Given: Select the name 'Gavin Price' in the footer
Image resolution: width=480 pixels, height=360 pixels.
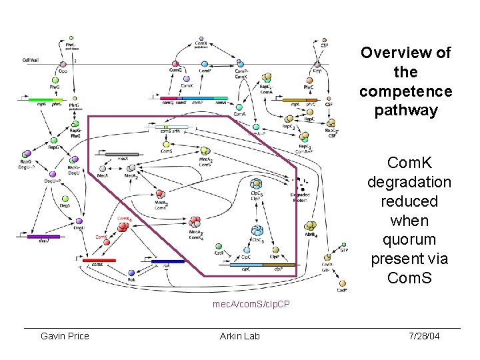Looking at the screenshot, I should (x=65, y=335).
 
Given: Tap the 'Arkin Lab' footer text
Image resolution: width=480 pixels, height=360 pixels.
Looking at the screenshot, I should (x=239, y=335).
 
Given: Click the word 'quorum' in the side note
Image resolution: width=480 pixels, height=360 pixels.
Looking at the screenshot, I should (x=409, y=239).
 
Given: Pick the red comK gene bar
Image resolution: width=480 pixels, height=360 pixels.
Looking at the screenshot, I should (x=99, y=261).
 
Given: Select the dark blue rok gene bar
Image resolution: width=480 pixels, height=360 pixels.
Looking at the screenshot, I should (x=167, y=261).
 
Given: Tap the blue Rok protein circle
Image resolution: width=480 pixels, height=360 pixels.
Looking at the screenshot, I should (x=131, y=273).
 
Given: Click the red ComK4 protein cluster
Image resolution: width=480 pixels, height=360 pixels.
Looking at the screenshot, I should (x=123, y=227).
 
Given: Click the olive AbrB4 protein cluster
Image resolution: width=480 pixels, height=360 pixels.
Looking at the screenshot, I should (x=310, y=227).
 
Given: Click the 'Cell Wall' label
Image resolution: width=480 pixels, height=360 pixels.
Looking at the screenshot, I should (x=31, y=59).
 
